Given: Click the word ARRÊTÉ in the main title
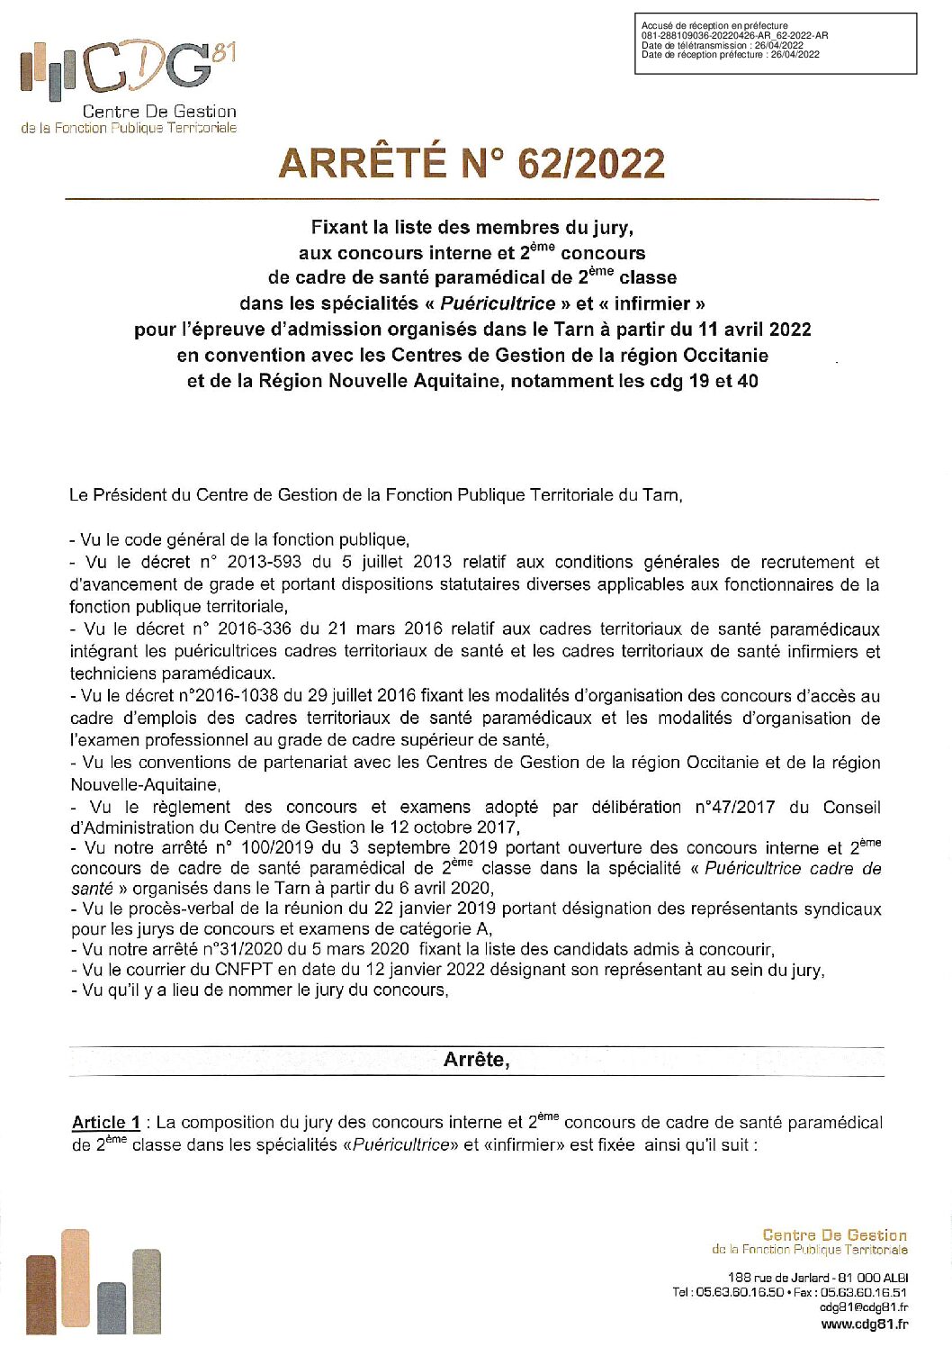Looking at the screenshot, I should pos(361,164).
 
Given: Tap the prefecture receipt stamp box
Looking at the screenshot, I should pos(776,41).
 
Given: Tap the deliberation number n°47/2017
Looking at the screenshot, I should pos(734,808).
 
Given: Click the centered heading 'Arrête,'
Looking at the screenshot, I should pos(476,1060).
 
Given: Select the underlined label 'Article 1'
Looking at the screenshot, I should pos(106,1123).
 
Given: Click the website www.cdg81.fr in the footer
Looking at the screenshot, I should pos(864,1324).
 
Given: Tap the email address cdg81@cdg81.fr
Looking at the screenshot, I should pos(863,1307).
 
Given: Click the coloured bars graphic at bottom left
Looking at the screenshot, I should pos(94,1282).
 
